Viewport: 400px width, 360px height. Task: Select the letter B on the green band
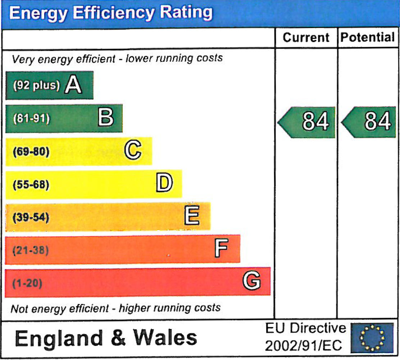pyautogui.click(x=105, y=118)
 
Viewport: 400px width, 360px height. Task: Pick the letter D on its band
pyautogui.click(x=164, y=183)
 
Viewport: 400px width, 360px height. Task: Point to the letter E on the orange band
pyautogui.click(x=192, y=216)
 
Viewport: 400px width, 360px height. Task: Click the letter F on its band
pyautogui.click(x=221, y=249)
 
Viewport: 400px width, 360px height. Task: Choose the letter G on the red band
pyautogui.click(x=251, y=281)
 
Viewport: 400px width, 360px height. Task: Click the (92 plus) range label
pyautogui.click(x=36, y=86)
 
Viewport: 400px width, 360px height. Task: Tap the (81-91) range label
pyautogui.click(x=31, y=119)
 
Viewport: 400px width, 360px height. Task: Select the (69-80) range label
pyautogui.click(x=31, y=151)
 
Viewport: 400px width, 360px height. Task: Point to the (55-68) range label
pyautogui.click(x=31, y=184)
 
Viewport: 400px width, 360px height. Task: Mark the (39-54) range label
pyautogui.click(x=31, y=217)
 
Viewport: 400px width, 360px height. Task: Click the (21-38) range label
pyautogui.click(x=31, y=250)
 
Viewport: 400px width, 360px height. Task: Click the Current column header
pyautogui.click(x=306, y=37)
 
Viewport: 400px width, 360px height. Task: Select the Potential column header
pyautogui.click(x=367, y=37)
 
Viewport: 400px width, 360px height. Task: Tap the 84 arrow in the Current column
pyautogui.click(x=308, y=122)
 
